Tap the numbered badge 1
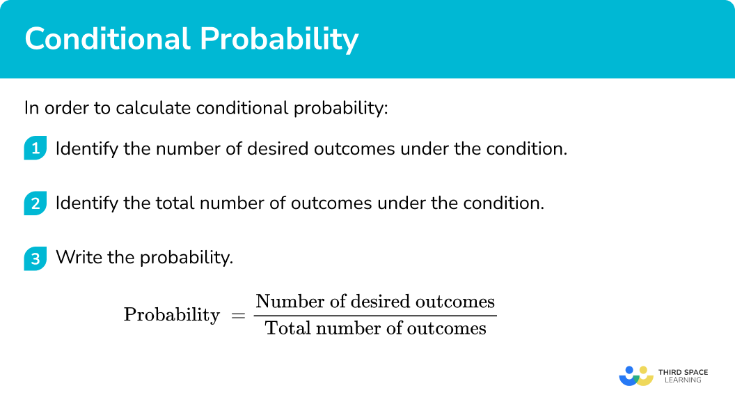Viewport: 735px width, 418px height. pyautogui.click(x=35, y=148)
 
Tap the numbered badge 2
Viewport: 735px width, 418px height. pyautogui.click(x=35, y=203)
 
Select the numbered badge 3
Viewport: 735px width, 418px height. pyautogui.click(x=35, y=258)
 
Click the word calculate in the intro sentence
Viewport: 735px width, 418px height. pyautogui.click(x=155, y=108)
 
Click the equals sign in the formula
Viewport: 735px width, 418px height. pyautogui.click(x=238, y=315)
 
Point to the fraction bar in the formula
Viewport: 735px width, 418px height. pyautogui.click(x=375, y=316)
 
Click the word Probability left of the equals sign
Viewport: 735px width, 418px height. pyautogui.click(x=171, y=315)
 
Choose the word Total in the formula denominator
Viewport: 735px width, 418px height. pyautogui.click(x=283, y=328)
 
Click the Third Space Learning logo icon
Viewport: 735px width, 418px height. pyautogui.click(x=635, y=376)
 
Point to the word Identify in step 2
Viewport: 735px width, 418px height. pyautogui.click(x=83, y=203)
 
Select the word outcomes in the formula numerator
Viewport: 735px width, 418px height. pyautogui.click(x=455, y=302)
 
